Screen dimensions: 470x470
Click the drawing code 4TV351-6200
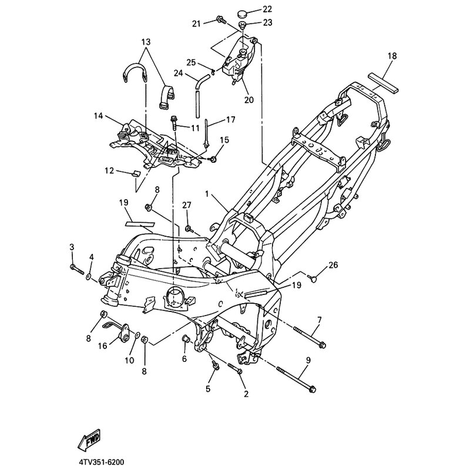pyautogui.click(x=101, y=462)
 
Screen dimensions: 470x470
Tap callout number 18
pyautogui.click(x=392, y=56)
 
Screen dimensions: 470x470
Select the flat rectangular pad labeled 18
pyautogui.click(x=384, y=82)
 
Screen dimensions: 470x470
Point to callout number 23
pyautogui.click(x=268, y=22)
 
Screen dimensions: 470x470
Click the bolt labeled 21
pyautogui.click(x=220, y=21)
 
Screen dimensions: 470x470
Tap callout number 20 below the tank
pyautogui.click(x=249, y=99)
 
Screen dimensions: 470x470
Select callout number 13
pyautogui.click(x=146, y=41)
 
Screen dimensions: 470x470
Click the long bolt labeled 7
pyautogui.click(x=310, y=337)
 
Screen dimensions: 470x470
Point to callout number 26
pyautogui.click(x=333, y=265)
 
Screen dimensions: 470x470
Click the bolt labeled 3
pyautogui.click(x=77, y=269)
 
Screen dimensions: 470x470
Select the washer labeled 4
pyautogui.click(x=89, y=276)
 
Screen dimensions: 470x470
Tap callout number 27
pyautogui.click(x=186, y=205)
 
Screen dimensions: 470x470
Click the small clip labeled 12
pyautogui.click(x=136, y=174)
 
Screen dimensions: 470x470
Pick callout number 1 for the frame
pyautogui.click(x=207, y=194)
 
